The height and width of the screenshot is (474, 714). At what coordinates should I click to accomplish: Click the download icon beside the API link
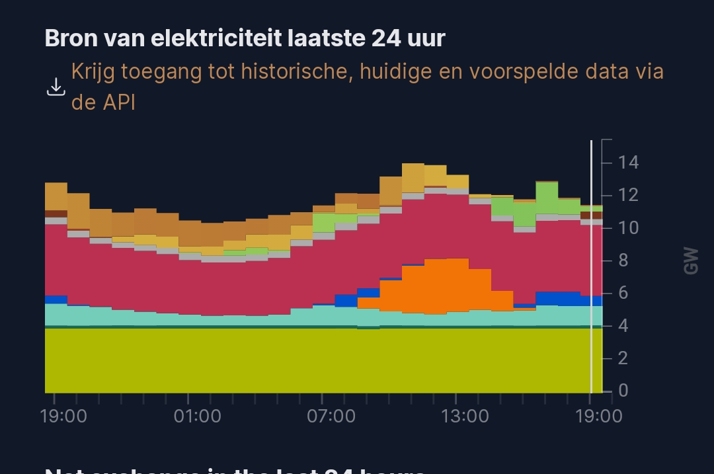click(56, 87)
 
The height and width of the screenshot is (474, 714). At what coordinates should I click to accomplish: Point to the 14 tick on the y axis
click(628, 162)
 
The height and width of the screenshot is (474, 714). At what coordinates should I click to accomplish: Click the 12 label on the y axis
click(628, 195)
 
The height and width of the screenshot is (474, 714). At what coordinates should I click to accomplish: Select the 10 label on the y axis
click(628, 228)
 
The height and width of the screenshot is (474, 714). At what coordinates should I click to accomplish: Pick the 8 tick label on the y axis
click(623, 260)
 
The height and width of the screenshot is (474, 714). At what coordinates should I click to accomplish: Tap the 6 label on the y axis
click(623, 293)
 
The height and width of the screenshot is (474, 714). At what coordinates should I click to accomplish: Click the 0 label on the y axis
click(623, 391)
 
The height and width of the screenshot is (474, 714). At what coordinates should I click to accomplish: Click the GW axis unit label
click(692, 260)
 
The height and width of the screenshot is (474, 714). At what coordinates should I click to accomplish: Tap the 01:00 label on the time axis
click(197, 416)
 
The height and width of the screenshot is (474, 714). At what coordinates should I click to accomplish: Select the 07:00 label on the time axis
click(331, 416)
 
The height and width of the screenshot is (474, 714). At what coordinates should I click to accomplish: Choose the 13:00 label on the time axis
click(465, 416)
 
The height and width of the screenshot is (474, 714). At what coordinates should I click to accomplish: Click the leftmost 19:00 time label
click(63, 416)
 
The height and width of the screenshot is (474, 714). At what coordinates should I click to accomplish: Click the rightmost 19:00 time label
click(598, 416)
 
